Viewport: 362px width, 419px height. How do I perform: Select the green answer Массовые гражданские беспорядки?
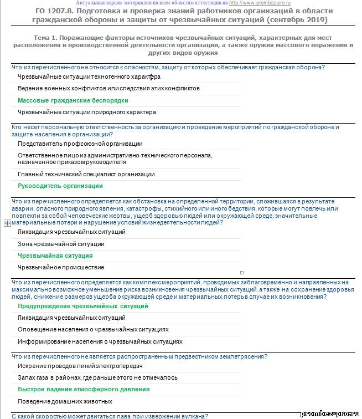73,100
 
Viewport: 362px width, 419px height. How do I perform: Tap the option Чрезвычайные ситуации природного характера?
87,112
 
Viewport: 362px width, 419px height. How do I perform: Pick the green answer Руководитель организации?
60,186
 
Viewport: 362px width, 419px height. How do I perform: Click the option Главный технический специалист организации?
86,174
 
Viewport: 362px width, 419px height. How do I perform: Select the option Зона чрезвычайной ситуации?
61,244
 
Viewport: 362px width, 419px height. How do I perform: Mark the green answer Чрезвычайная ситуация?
55,256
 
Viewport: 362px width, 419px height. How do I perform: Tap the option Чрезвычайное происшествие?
61,267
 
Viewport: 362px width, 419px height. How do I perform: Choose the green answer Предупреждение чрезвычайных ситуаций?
83,306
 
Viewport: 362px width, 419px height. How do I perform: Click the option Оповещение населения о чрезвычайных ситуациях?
93,329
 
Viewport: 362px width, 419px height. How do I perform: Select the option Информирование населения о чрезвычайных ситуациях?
100,341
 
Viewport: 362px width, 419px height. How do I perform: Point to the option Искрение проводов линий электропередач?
80,366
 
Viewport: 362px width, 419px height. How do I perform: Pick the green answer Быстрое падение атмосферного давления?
84,389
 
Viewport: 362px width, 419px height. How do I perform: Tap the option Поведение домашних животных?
65,401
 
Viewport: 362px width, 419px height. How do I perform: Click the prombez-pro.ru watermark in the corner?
329,413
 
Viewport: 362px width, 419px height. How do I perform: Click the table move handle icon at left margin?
7,223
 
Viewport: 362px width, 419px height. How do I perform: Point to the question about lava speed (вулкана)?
110,415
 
